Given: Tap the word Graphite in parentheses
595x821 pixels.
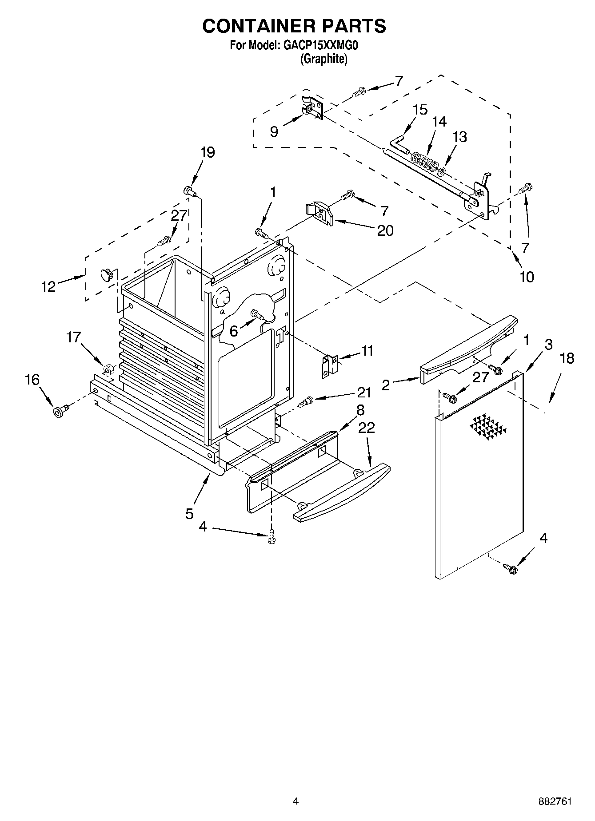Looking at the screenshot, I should click(x=323, y=59).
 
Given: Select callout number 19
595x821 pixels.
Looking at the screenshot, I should click(x=207, y=152).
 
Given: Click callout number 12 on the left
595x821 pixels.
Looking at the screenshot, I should click(x=48, y=286).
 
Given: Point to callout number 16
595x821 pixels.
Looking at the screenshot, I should click(x=32, y=380).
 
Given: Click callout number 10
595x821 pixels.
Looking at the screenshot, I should click(x=527, y=277).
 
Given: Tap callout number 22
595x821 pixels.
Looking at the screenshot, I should click(x=367, y=428).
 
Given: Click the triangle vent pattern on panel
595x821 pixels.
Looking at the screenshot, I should click(x=488, y=429).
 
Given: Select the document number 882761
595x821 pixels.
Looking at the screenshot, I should click(x=554, y=801).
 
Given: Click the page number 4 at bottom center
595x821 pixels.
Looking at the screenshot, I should click(x=296, y=801).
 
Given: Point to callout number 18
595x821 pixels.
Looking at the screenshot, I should click(x=567, y=358).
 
